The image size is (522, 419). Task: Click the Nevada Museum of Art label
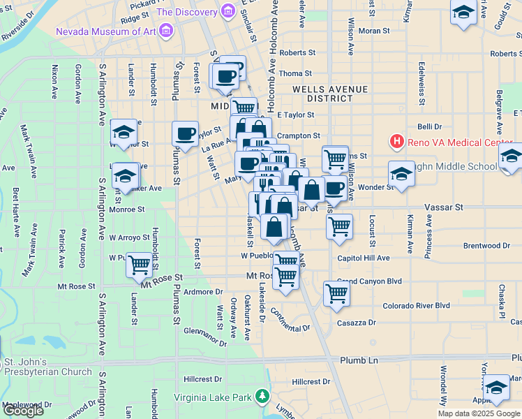click(105, 31)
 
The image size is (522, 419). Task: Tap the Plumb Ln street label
click(359, 360)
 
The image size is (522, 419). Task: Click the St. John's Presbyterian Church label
click(47, 367)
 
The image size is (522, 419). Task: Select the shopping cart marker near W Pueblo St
click(140, 265)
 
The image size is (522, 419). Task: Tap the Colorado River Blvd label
click(416, 306)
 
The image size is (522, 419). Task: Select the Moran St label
click(374, 31)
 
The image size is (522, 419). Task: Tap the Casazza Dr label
click(357, 323)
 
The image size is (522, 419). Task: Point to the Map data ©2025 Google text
click(479, 413)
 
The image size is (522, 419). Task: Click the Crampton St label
click(298, 136)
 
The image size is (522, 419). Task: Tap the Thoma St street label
click(294, 73)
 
